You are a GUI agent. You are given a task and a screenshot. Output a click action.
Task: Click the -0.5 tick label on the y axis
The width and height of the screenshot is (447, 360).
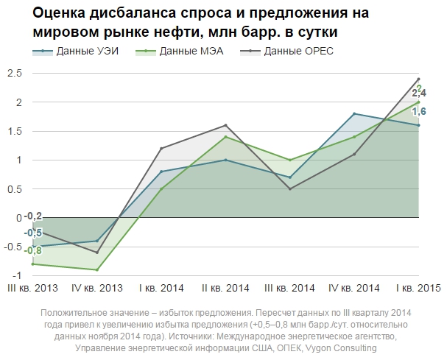point(12,247)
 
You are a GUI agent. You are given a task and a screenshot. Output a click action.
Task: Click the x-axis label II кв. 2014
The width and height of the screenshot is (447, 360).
point(226,287)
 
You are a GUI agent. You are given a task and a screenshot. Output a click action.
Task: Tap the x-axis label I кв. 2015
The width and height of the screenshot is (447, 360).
point(418,287)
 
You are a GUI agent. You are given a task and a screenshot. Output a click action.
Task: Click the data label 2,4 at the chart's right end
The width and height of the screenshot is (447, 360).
point(419,93)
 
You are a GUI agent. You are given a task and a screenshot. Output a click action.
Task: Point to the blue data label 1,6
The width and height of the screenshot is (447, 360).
point(419,112)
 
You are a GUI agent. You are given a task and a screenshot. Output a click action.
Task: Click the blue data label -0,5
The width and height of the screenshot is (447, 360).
point(32,233)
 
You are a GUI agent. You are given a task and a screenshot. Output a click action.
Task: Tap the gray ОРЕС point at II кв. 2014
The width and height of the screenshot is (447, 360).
point(226,125)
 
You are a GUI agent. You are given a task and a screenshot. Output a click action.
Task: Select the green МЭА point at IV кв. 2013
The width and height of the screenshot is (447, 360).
point(98,269)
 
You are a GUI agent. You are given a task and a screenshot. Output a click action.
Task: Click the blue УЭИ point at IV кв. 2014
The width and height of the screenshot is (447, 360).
point(355,113)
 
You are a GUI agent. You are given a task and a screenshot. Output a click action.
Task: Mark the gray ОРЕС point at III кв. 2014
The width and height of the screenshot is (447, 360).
point(290,188)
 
